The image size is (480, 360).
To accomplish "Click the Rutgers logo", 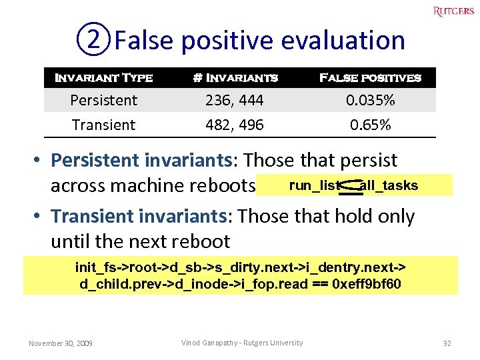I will coord(453,11).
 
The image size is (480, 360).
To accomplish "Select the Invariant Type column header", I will coord(103,78).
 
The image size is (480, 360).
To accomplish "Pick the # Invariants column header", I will coord(235,78).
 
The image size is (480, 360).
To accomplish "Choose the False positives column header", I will coord(370,78).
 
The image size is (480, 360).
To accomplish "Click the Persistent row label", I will coord(103,100).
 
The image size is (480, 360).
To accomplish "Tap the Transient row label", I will coord(103,125).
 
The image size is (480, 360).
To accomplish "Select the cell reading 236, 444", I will coord(235,100).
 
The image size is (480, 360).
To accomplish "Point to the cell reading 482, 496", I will coord(235,125).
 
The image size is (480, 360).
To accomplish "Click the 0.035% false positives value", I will coord(370,100).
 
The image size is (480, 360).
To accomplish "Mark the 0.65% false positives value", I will coord(370,125).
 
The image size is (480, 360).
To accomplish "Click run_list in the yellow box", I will coord(315,186).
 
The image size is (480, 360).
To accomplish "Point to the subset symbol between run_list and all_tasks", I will coord(351,188).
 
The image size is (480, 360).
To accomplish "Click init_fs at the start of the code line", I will coord(94,267).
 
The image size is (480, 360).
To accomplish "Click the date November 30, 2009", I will coord(61,343).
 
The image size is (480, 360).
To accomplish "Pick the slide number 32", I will coord(447,343).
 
